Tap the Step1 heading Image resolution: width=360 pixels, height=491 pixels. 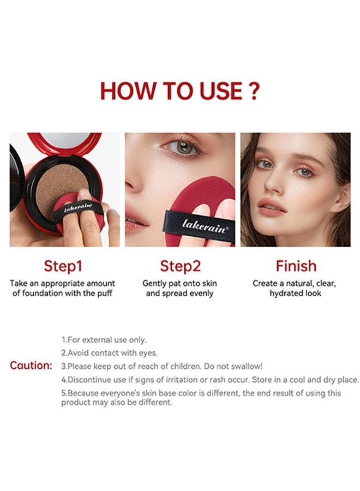point(63,266)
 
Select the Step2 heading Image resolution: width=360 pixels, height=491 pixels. point(180,266)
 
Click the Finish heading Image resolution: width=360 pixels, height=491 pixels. point(296,266)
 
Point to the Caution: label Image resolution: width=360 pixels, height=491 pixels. point(31,366)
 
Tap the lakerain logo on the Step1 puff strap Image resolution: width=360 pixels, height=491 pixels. point(78,208)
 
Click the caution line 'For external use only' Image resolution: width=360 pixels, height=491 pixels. point(104,340)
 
